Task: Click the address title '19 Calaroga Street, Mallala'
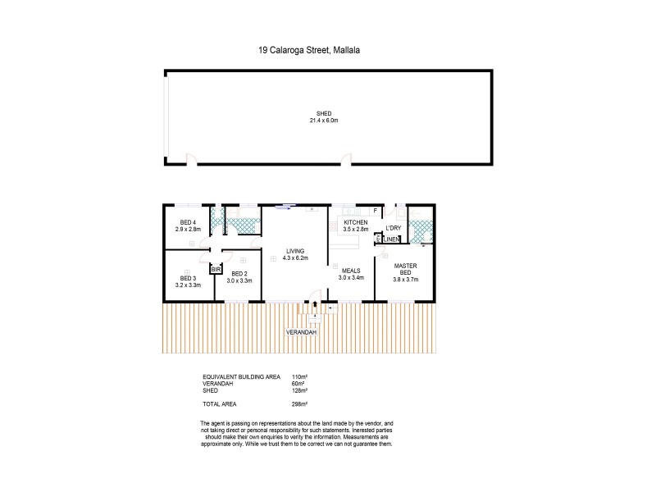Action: click(309, 50)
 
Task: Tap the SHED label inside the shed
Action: click(326, 114)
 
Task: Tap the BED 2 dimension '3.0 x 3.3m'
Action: click(239, 280)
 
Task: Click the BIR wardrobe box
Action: click(216, 269)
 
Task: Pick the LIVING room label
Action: click(294, 252)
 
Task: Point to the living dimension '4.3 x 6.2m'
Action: click(294, 258)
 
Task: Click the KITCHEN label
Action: click(356, 223)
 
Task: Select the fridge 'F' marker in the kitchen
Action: click(375, 212)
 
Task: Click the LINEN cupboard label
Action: click(390, 239)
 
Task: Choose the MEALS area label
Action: click(351, 271)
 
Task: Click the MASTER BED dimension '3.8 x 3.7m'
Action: click(405, 280)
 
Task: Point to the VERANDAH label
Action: click(300, 332)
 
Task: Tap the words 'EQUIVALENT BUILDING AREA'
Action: click(239, 377)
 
